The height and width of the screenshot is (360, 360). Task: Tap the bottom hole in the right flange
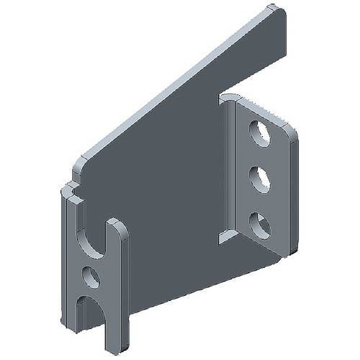(x=260, y=225)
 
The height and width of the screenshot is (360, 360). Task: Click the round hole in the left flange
(x=91, y=275)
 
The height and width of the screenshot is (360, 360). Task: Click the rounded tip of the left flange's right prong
(x=117, y=225)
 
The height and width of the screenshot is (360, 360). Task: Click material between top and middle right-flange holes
(x=260, y=156)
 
